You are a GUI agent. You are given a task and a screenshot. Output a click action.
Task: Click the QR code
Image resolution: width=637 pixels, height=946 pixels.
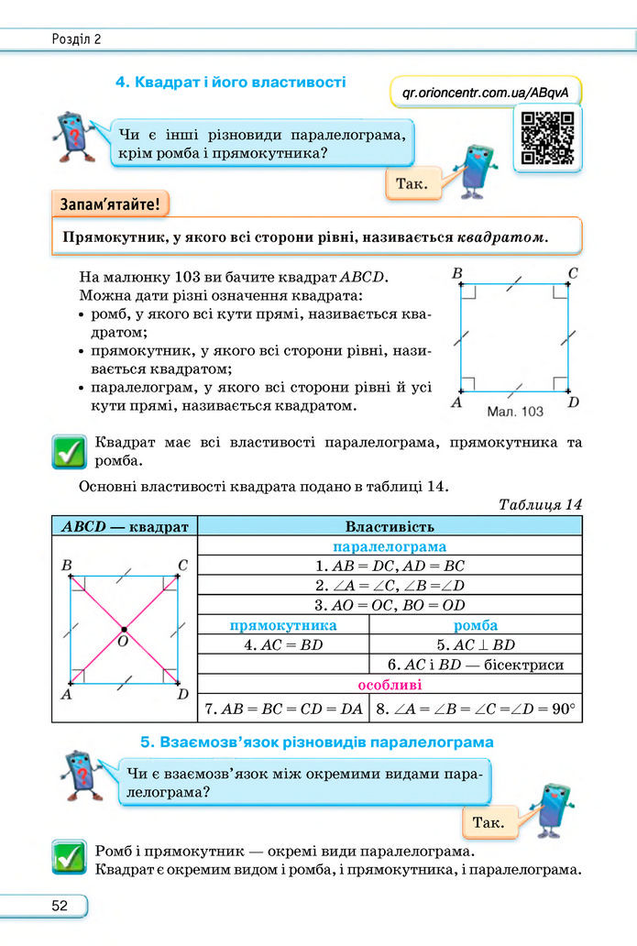[x=547, y=137]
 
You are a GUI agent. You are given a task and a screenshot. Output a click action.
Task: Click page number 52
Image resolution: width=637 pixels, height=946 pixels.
[x=60, y=906]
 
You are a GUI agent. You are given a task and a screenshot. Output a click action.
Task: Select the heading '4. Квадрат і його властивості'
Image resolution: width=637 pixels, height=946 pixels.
[x=230, y=82]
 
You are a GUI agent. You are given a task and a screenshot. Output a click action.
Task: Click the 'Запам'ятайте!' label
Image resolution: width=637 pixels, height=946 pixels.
[x=110, y=203]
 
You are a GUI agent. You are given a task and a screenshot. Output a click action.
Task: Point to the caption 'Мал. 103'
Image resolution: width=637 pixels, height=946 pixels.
[x=515, y=412]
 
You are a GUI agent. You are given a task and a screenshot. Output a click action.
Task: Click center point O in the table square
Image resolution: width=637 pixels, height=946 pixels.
[x=124, y=630]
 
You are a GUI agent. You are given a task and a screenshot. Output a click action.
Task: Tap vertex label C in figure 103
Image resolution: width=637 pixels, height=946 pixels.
[x=572, y=273]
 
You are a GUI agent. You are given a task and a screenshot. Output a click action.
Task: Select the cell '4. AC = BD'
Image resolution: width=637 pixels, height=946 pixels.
[x=283, y=644]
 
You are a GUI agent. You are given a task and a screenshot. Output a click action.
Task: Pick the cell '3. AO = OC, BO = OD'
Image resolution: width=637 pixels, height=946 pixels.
[x=390, y=605]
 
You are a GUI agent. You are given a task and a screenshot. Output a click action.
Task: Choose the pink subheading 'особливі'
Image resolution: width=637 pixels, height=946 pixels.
[x=390, y=685]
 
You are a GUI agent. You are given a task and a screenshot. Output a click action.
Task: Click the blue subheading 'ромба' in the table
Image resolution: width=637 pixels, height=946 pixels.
[x=475, y=625]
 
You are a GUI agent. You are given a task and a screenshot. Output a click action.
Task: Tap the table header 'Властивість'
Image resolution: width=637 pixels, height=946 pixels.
[x=390, y=526]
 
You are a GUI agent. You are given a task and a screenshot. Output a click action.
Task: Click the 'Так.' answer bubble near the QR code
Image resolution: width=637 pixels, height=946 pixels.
[x=412, y=184]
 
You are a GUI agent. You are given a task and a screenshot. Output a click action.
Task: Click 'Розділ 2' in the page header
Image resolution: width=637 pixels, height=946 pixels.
[x=77, y=38]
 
